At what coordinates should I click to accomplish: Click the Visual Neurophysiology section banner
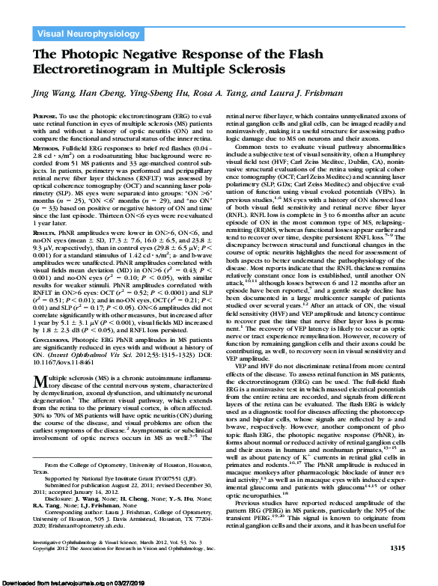(82, 33)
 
